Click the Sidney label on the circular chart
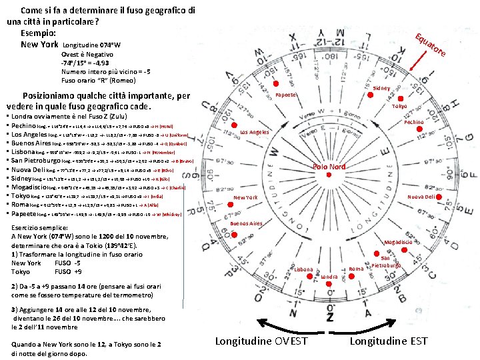click(x=381, y=88)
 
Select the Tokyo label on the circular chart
click(x=399, y=107)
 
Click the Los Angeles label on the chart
click(x=255, y=132)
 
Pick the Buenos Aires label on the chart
click(x=246, y=223)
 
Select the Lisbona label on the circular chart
click(x=303, y=269)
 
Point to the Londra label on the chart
click(x=329, y=276)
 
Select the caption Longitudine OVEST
click(x=261, y=341)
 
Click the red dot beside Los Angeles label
click(x=234, y=125)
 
